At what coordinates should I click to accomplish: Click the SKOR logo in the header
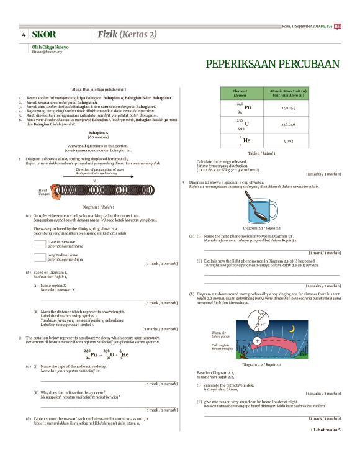coord(44,35)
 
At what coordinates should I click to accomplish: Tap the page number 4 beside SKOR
coord(24,35)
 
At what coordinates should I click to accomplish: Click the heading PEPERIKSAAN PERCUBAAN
coord(272,64)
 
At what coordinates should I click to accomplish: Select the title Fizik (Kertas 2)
coord(127,34)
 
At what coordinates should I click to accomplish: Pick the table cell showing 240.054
coord(288,107)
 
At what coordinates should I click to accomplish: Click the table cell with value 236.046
coord(288,124)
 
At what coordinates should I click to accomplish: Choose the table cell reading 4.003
coord(288,141)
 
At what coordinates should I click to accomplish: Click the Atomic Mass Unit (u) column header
coord(288,93)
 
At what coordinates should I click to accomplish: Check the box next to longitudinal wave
coord(40,256)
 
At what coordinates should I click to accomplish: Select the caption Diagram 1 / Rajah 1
coord(98,207)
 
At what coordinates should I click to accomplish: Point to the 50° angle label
coord(263,323)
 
